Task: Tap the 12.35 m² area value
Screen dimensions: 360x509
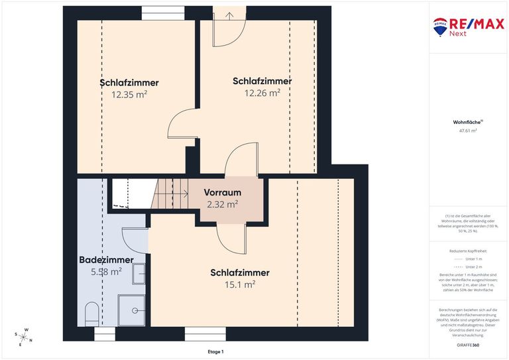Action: point(129,94)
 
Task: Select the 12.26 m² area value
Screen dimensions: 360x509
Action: point(262,93)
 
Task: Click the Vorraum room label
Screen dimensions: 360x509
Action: point(222,193)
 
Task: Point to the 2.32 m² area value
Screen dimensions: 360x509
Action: point(222,205)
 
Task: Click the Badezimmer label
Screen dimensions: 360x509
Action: point(106,260)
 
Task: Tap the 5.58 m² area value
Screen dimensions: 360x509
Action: point(106,271)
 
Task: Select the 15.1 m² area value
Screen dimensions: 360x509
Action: point(240,284)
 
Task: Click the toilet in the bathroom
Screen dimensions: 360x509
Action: point(92,312)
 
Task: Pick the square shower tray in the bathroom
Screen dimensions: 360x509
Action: point(131,310)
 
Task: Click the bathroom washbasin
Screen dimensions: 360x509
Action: point(139,273)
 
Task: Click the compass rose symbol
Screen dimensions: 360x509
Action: point(25,337)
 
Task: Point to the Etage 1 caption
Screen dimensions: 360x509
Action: point(215,351)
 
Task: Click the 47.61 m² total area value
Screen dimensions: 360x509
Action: point(468,131)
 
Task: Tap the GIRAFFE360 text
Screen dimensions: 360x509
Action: point(468,345)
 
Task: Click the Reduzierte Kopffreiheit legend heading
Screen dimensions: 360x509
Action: point(468,251)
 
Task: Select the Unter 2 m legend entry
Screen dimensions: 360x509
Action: point(475,266)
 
